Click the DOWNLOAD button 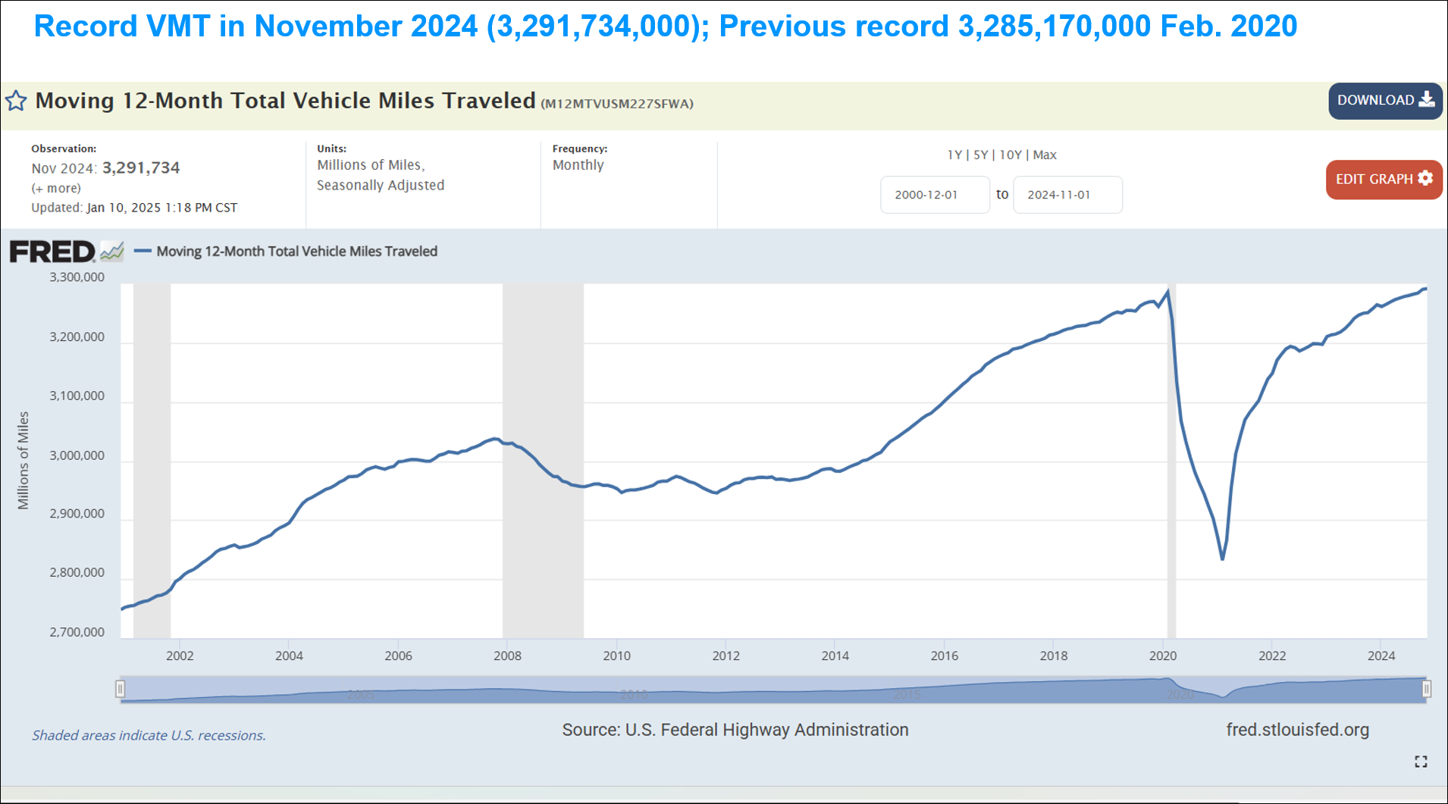pos(1384,101)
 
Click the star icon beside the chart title pos(16,101)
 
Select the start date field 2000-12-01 pos(934,195)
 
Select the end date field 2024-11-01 pos(1067,195)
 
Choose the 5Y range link pos(980,155)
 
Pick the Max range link pos(1045,155)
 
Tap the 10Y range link pos(1010,155)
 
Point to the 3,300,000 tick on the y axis pos(77,277)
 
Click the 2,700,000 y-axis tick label pos(77,632)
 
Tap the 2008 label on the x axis pos(507,655)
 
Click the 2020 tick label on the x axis pos(1162,655)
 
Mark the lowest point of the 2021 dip pos(1222,559)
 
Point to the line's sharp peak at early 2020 pos(1167,291)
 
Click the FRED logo pos(52,252)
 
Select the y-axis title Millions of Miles pos(24,460)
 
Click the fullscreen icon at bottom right pos(1421,762)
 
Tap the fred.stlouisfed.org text pos(1297,730)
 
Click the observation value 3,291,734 pos(141,167)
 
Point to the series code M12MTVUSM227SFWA pos(616,104)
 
